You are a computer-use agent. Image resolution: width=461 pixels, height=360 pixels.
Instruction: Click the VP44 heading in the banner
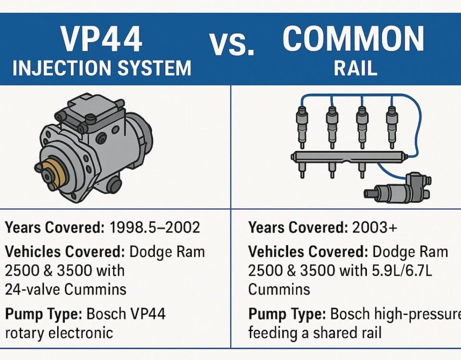(102, 40)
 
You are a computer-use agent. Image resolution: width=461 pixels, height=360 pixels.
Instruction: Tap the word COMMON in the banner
(353, 38)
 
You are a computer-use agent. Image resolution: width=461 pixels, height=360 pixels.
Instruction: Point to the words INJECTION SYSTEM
(102, 68)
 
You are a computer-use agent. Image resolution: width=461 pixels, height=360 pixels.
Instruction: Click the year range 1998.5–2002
(154, 228)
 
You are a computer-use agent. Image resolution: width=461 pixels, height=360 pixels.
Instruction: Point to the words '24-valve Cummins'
(66, 289)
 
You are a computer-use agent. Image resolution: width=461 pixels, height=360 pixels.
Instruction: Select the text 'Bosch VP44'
(126, 314)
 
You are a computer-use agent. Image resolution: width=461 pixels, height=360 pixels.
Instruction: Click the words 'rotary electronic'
(59, 332)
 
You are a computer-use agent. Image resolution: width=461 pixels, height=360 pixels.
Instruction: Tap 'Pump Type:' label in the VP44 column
(43, 314)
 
